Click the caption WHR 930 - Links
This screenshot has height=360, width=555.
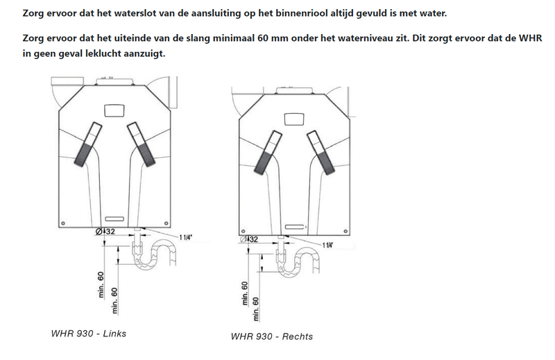pyautogui.click(x=89, y=334)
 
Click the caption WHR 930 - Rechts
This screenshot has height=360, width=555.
pyautogui.click(x=272, y=336)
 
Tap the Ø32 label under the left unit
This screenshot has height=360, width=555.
pyautogui.click(x=105, y=232)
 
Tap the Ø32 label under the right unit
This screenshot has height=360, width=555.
pyautogui.click(x=249, y=239)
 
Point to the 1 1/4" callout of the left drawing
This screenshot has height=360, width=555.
pyautogui.click(x=185, y=237)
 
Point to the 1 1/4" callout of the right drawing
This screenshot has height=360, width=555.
pyautogui.click(x=327, y=245)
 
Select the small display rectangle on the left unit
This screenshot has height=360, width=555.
pyautogui.click(x=114, y=110)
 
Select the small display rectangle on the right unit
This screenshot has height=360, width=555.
pyautogui.click(x=294, y=119)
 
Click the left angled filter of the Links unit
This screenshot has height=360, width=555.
pyautogui.click(x=88, y=144)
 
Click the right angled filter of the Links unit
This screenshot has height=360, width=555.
pyautogui.click(x=141, y=144)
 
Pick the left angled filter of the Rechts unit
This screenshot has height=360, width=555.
pyautogui.click(x=268, y=153)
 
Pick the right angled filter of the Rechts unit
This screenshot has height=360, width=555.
pyautogui.click(x=321, y=153)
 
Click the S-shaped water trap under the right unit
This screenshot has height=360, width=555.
pyautogui.click(x=298, y=260)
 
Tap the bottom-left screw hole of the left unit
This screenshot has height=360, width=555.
pyautogui.click(x=63, y=223)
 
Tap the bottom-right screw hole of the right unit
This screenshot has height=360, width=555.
pyautogui.click(x=345, y=232)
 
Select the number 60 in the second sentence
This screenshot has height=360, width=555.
pyautogui.click(x=263, y=38)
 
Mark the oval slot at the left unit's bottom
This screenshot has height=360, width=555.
pyautogui.click(x=114, y=218)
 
